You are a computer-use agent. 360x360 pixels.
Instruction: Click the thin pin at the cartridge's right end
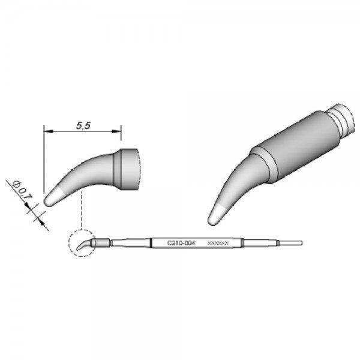pyautogui.click(x=290, y=243)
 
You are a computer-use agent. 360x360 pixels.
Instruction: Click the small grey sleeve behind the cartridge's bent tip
pyautogui.click(x=103, y=243)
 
